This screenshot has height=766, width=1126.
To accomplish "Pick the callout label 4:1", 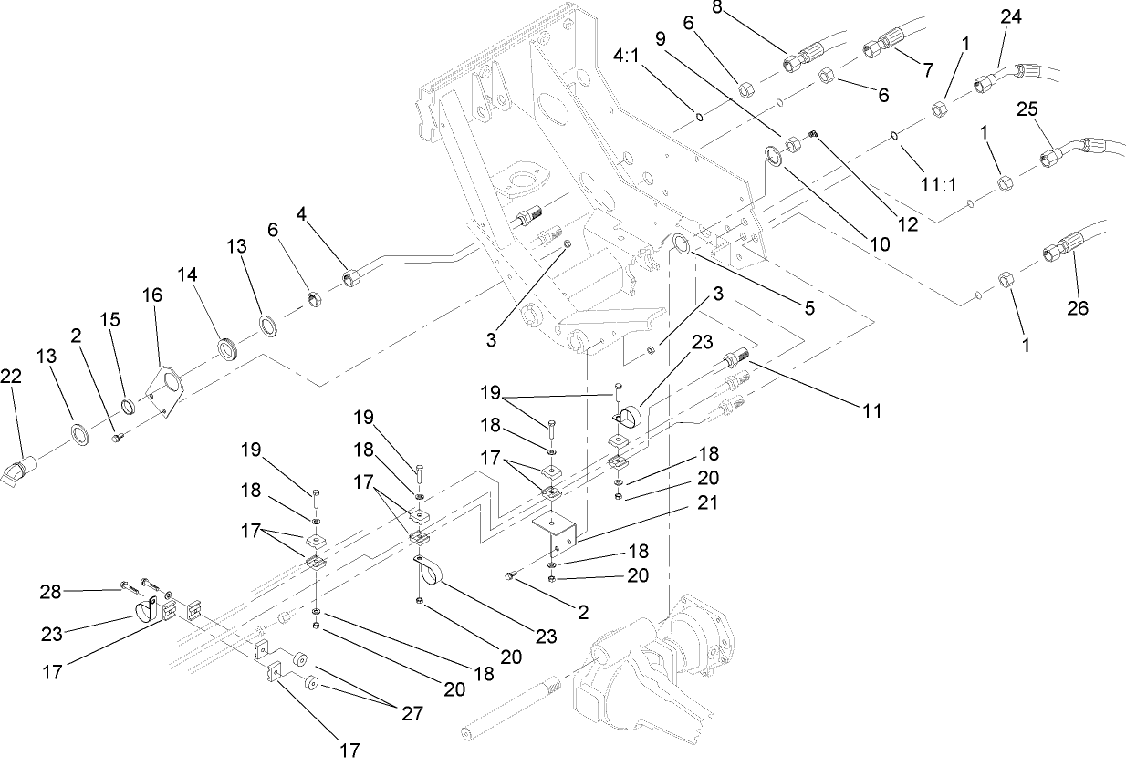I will (627, 56).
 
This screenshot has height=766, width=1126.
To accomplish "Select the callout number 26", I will (1078, 308).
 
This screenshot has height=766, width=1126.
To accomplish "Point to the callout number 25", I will (1027, 109).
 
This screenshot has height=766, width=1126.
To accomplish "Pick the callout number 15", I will (109, 321).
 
